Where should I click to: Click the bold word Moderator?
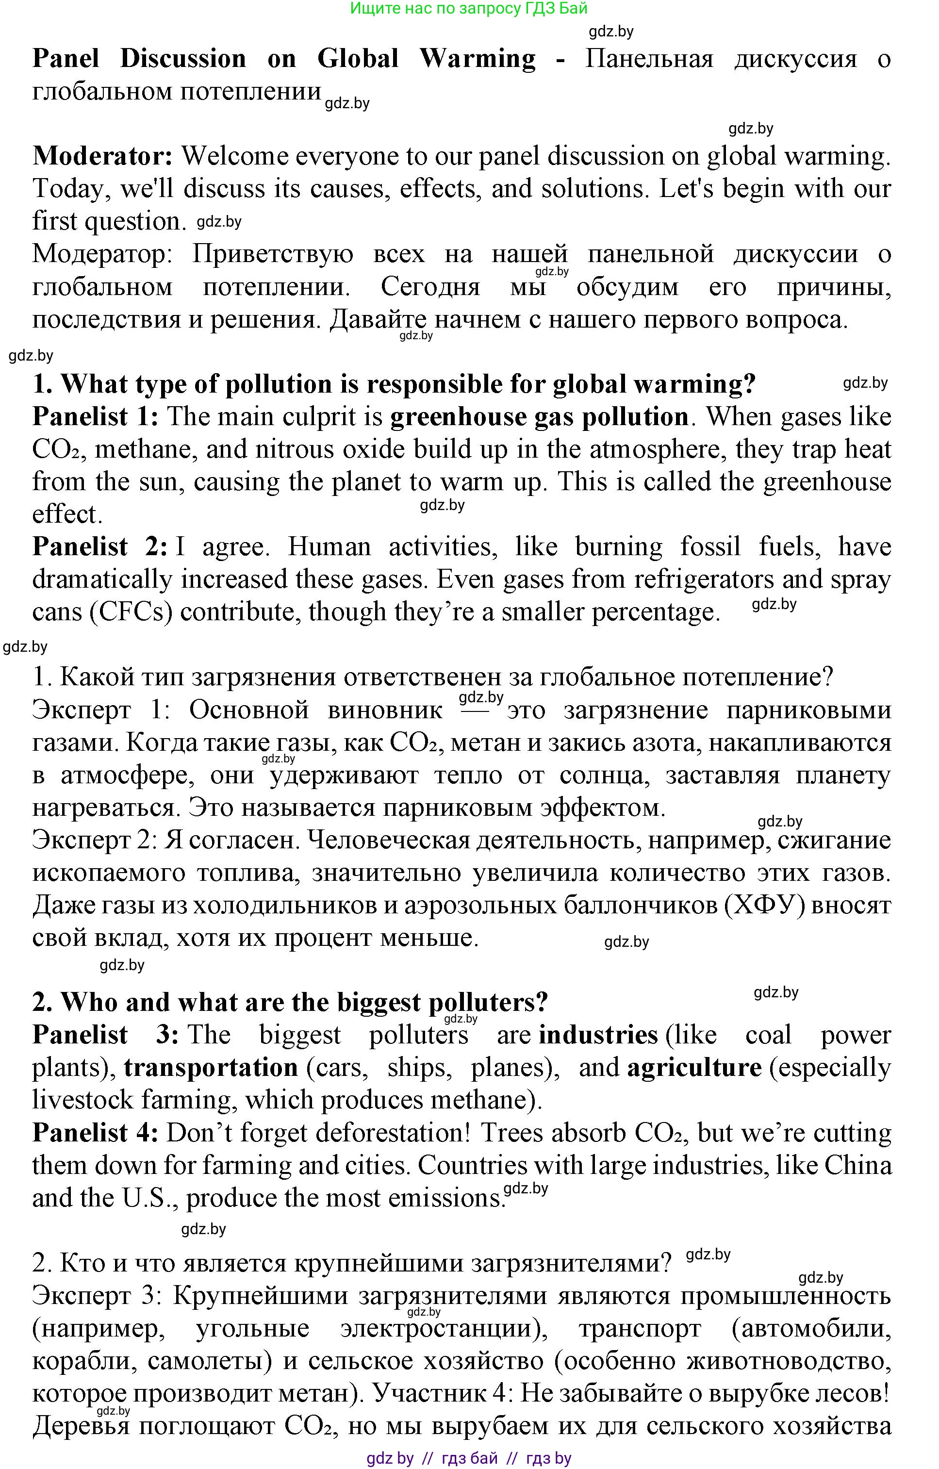102,156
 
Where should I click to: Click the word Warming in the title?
478,59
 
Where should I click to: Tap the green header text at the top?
469,9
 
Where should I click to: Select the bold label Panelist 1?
95,417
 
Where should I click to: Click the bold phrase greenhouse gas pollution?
539,417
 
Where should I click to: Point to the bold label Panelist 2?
99,546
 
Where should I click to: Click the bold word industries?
598,1035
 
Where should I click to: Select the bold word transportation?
211,1068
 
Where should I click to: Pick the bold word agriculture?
694,1068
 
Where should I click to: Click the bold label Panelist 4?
95,1133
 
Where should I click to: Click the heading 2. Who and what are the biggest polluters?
290,1002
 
